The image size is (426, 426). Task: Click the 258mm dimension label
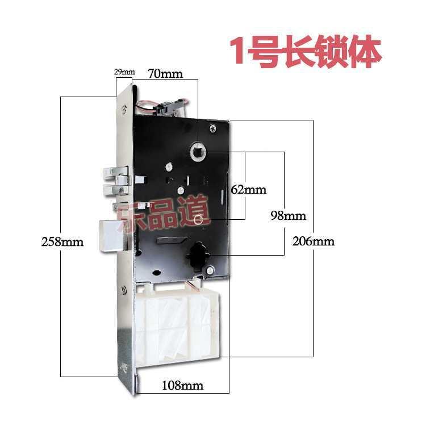[62, 241]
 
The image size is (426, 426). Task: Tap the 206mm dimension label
[313, 241]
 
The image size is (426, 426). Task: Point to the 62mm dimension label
[248, 190]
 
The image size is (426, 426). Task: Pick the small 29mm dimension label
[124, 72]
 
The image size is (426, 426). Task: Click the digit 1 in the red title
[236, 52]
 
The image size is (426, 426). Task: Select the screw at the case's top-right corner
[212, 129]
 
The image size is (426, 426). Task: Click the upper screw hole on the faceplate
[123, 110]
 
